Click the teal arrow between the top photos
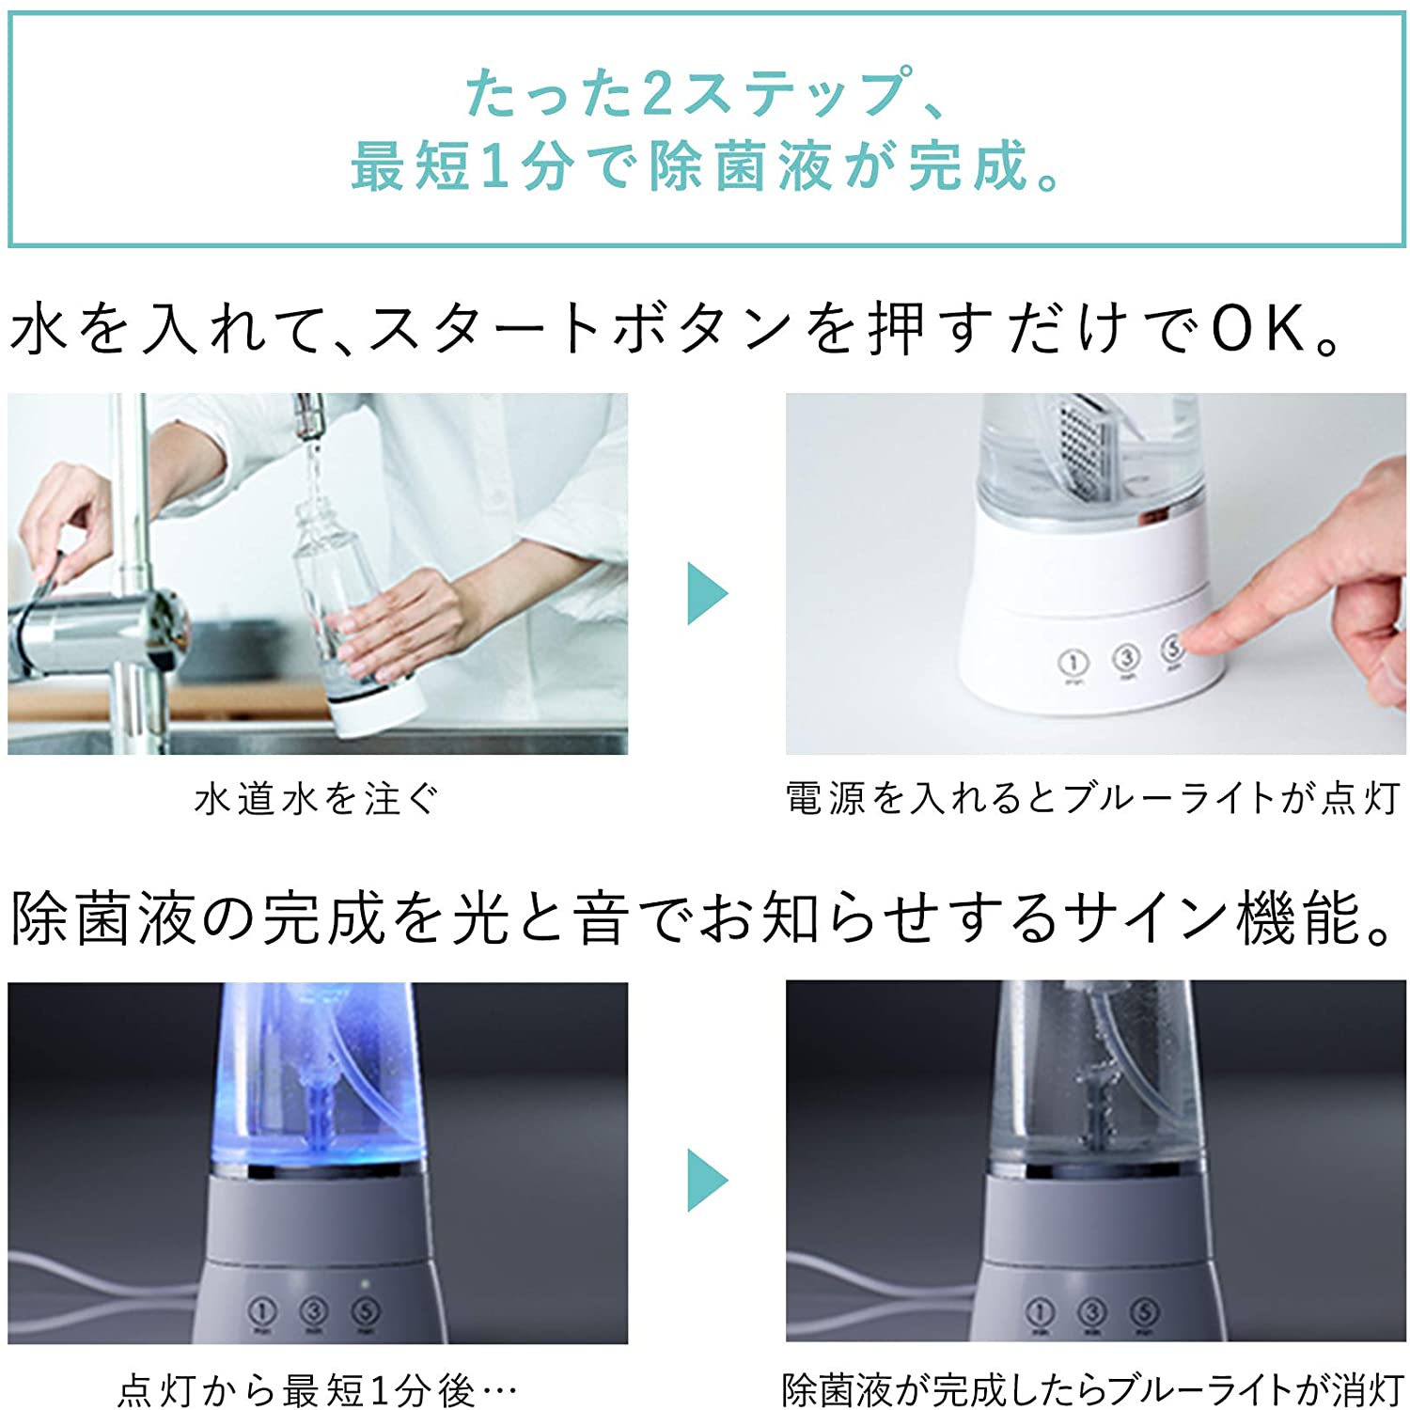(707, 593)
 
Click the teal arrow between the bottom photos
(707, 1180)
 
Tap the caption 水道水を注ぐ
(317, 799)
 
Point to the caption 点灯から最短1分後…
(317, 1389)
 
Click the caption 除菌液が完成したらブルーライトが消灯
(1093, 1389)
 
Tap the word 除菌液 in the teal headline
(740, 167)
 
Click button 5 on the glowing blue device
(365, 1311)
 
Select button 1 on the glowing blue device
(262, 1311)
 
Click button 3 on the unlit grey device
(1091, 1311)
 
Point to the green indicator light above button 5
(365, 1283)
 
